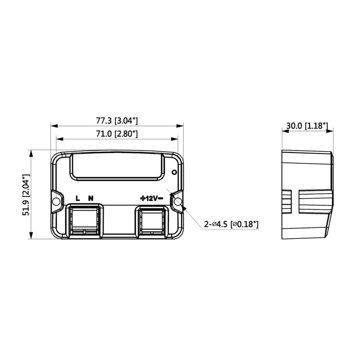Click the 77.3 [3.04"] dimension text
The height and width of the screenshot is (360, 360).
click(x=117, y=121)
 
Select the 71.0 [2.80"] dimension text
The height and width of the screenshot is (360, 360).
click(x=117, y=134)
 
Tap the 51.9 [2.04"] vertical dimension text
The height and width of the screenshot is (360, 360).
click(x=26, y=195)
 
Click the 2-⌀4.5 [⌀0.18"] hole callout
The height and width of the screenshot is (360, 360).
click(x=232, y=224)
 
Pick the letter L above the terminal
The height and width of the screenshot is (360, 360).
click(x=77, y=198)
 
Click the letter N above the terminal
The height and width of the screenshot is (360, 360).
click(x=91, y=198)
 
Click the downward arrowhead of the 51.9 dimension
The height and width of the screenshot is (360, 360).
click(x=31, y=237)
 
